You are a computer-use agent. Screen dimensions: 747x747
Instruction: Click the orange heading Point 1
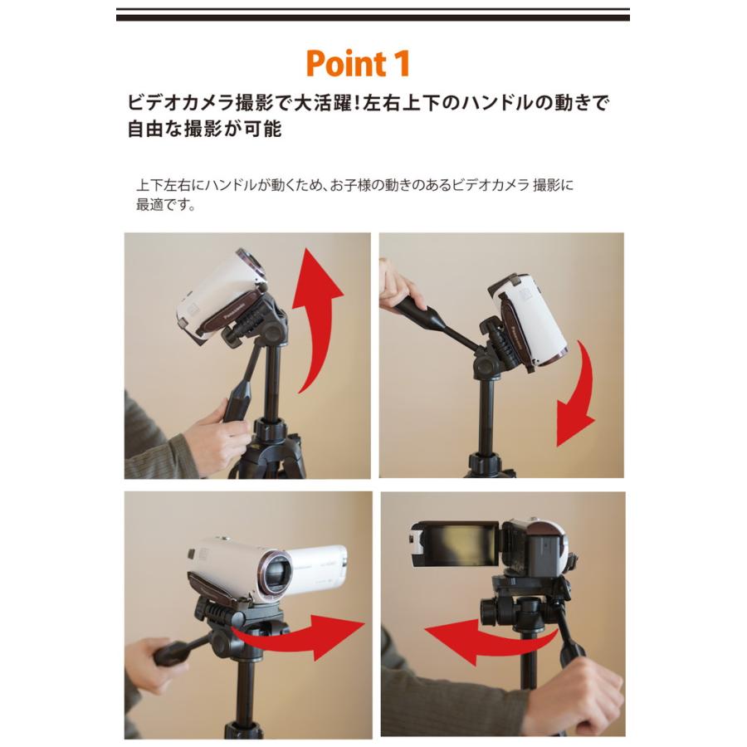[x=357, y=64]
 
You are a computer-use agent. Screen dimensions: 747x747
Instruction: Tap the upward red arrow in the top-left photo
[x=319, y=315]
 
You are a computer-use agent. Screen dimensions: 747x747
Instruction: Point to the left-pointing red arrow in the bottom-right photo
[x=473, y=635]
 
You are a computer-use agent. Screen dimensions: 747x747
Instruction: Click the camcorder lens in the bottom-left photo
[x=275, y=574]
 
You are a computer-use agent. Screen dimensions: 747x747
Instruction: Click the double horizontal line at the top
[x=373, y=15]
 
